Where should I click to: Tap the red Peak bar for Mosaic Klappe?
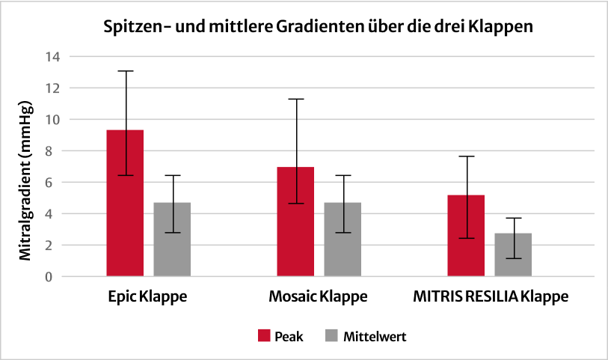pyautogui.click(x=295, y=232)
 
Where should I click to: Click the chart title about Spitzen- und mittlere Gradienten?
pyautogui.click(x=318, y=27)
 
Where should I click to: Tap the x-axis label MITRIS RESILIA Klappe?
pyautogui.click(x=490, y=297)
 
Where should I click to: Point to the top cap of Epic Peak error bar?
pyautogui.click(x=125, y=71)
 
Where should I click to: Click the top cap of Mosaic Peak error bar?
pyautogui.click(x=295, y=99)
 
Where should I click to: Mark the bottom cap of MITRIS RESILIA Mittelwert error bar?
pyautogui.click(x=513, y=258)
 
